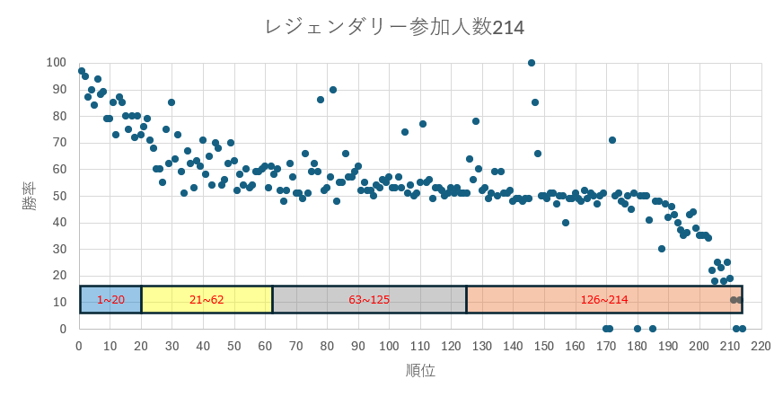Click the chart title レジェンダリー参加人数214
394,28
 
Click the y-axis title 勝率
31,196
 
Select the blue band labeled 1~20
110,299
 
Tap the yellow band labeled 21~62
207,299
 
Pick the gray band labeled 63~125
369,299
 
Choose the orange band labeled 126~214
603,299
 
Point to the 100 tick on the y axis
57,62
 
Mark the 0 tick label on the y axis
63,329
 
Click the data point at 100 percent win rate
532,63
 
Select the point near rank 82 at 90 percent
333,90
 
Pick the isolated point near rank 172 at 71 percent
612,140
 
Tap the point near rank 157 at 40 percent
566,223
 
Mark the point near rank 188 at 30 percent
662,249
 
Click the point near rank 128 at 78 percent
476,121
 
